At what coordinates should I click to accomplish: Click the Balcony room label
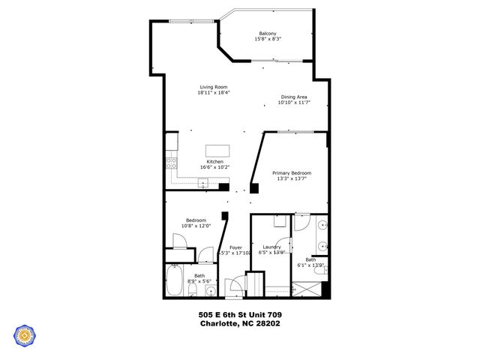tap(268, 34)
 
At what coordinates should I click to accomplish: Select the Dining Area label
tap(294, 96)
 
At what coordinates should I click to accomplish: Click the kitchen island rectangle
tap(217, 148)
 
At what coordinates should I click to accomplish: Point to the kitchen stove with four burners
tap(171, 163)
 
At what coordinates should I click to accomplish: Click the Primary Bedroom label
tap(292, 172)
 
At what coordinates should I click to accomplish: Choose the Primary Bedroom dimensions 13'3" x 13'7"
tap(292, 179)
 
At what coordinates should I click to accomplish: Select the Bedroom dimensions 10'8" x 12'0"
tap(196, 226)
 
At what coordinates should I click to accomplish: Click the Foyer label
tap(235, 247)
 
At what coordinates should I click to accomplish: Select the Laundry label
tap(271, 247)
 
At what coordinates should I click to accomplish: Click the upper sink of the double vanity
tap(322, 224)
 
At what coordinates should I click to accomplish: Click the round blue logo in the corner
tap(24, 336)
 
